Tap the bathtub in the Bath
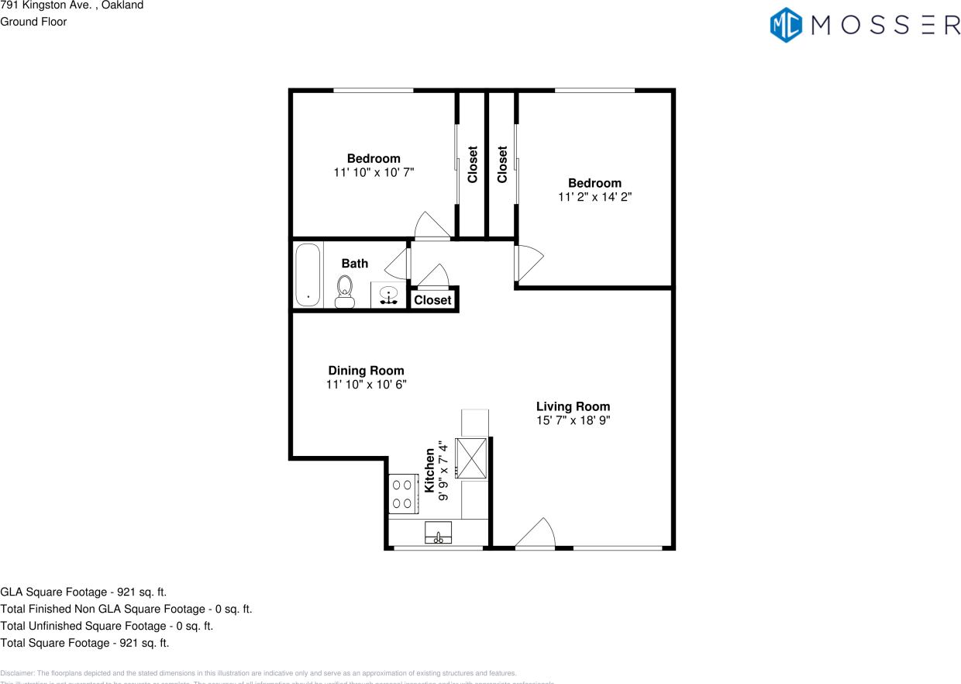pos(308,275)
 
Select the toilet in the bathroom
pos(345,292)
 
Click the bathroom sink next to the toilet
pos(388,295)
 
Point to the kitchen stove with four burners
pos(402,493)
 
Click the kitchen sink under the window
pos(439,534)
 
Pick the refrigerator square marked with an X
pos(471,458)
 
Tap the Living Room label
pos(573,406)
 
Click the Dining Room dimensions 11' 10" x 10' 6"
pos(366,384)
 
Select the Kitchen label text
pos(429,470)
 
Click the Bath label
pos(355,264)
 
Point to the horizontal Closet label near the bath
pos(432,300)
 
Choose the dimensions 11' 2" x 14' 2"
pos(594,197)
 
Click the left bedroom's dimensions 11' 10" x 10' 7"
pos(374,173)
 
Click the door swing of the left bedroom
pos(431,226)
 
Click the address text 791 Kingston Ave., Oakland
pos(71,5)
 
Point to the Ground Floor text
pos(33,22)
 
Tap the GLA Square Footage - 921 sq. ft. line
pos(84,592)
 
